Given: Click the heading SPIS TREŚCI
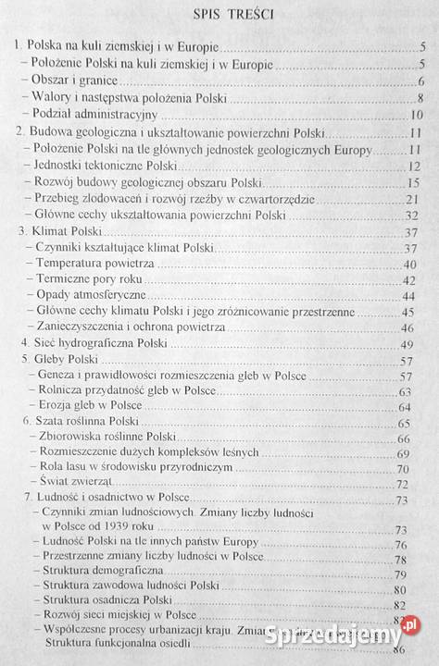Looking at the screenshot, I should [x=219, y=15].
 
